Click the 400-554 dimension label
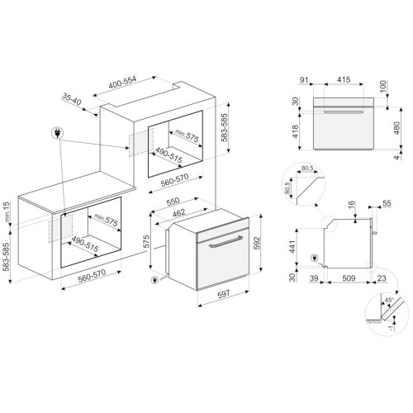coord(122,83)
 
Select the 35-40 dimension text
coord(72,99)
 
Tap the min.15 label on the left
coord(6,212)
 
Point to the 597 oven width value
coord(224,294)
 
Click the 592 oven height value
coord(257,243)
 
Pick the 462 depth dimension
coord(178,213)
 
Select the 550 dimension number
coord(173,202)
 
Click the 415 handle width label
coord(344,79)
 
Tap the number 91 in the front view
coord(304,80)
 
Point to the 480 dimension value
coord(396,128)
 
